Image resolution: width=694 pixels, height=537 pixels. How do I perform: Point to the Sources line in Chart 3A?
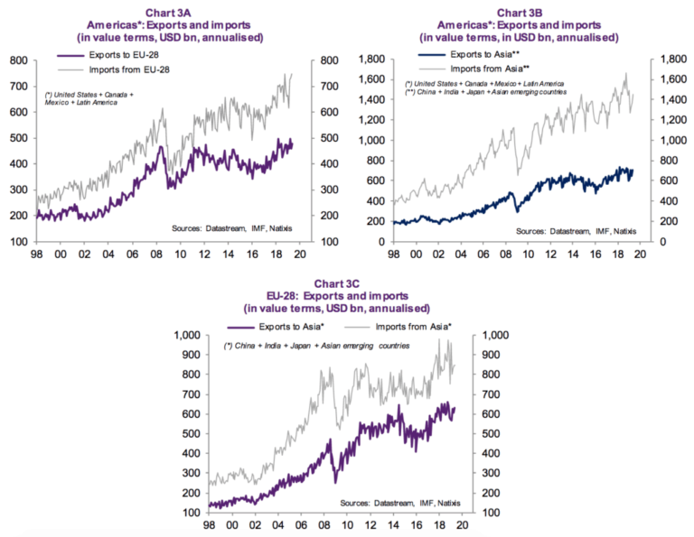(240, 229)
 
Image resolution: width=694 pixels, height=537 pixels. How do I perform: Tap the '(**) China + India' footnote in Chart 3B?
(486, 92)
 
